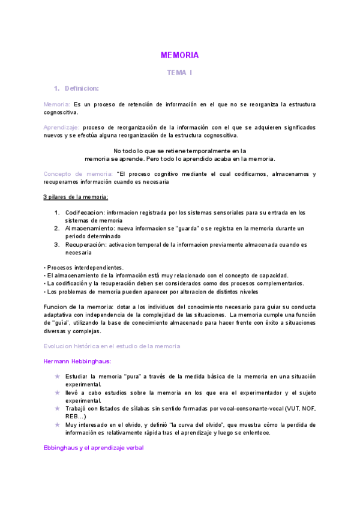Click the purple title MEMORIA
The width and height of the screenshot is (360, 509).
[x=179, y=56]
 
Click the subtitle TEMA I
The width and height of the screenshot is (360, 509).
[x=179, y=73]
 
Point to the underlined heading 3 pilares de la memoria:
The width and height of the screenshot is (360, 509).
[x=76, y=197]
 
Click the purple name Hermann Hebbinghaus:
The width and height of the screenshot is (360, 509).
[x=77, y=361]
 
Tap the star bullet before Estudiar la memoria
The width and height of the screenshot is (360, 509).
[x=57, y=376]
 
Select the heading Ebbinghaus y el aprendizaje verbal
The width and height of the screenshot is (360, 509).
[x=94, y=448]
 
